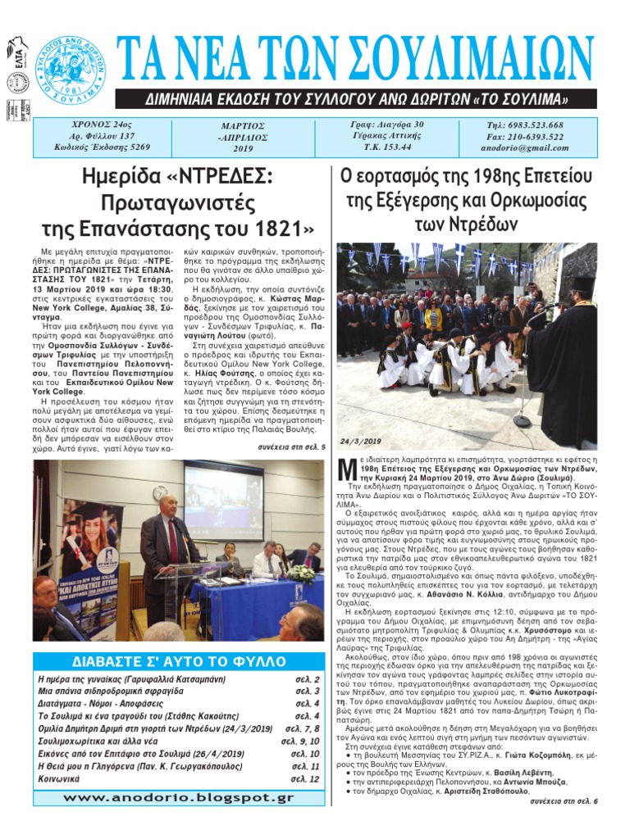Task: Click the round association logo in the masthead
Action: pyautogui.click(x=71, y=69)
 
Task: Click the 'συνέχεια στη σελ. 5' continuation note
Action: pyautogui.click(x=291, y=447)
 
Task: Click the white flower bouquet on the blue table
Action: pyautogui.click(x=303, y=573)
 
